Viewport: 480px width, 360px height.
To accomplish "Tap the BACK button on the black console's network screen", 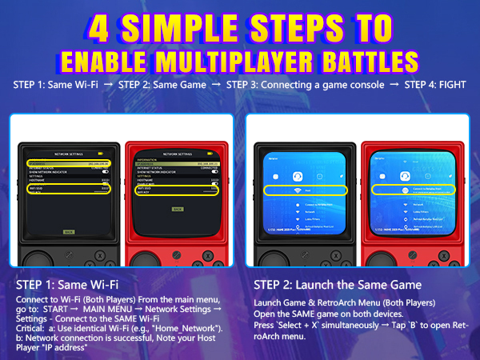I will [x=68, y=231].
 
